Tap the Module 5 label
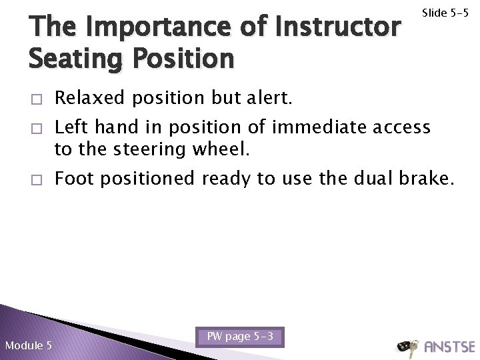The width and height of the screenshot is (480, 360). (28, 345)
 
